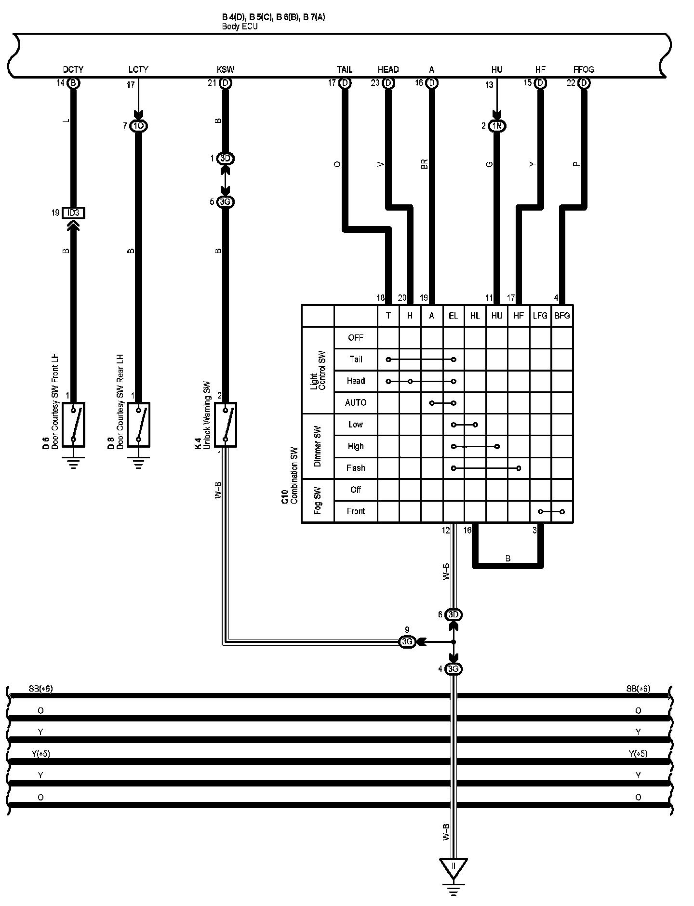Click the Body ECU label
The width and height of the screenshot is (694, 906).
tap(240, 27)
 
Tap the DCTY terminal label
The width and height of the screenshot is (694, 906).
tap(73, 69)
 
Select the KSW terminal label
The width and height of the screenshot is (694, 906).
tap(226, 69)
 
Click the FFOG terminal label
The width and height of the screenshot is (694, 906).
tap(584, 69)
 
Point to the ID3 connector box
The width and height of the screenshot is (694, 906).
tap(73, 213)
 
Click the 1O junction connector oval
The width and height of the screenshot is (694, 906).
tap(138, 126)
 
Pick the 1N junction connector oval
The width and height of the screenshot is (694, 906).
tap(497, 126)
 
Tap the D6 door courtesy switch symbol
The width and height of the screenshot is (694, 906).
tap(73, 425)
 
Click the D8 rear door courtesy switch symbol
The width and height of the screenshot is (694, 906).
tap(138, 425)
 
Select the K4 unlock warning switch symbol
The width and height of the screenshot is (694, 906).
tap(225, 425)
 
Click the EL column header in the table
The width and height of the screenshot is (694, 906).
tap(453, 316)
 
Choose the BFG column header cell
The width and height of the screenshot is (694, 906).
tap(562, 316)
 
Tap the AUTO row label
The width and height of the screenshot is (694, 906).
tap(356, 402)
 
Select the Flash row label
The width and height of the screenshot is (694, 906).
tap(356, 468)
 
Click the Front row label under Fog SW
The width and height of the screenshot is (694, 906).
tap(356, 511)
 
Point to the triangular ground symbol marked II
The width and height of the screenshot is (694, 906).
tap(453, 867)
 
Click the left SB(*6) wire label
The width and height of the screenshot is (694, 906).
tap(40, 689)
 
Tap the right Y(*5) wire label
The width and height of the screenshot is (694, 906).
tap(638, 754)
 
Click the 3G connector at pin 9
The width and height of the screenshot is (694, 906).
tap(407, 642)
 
